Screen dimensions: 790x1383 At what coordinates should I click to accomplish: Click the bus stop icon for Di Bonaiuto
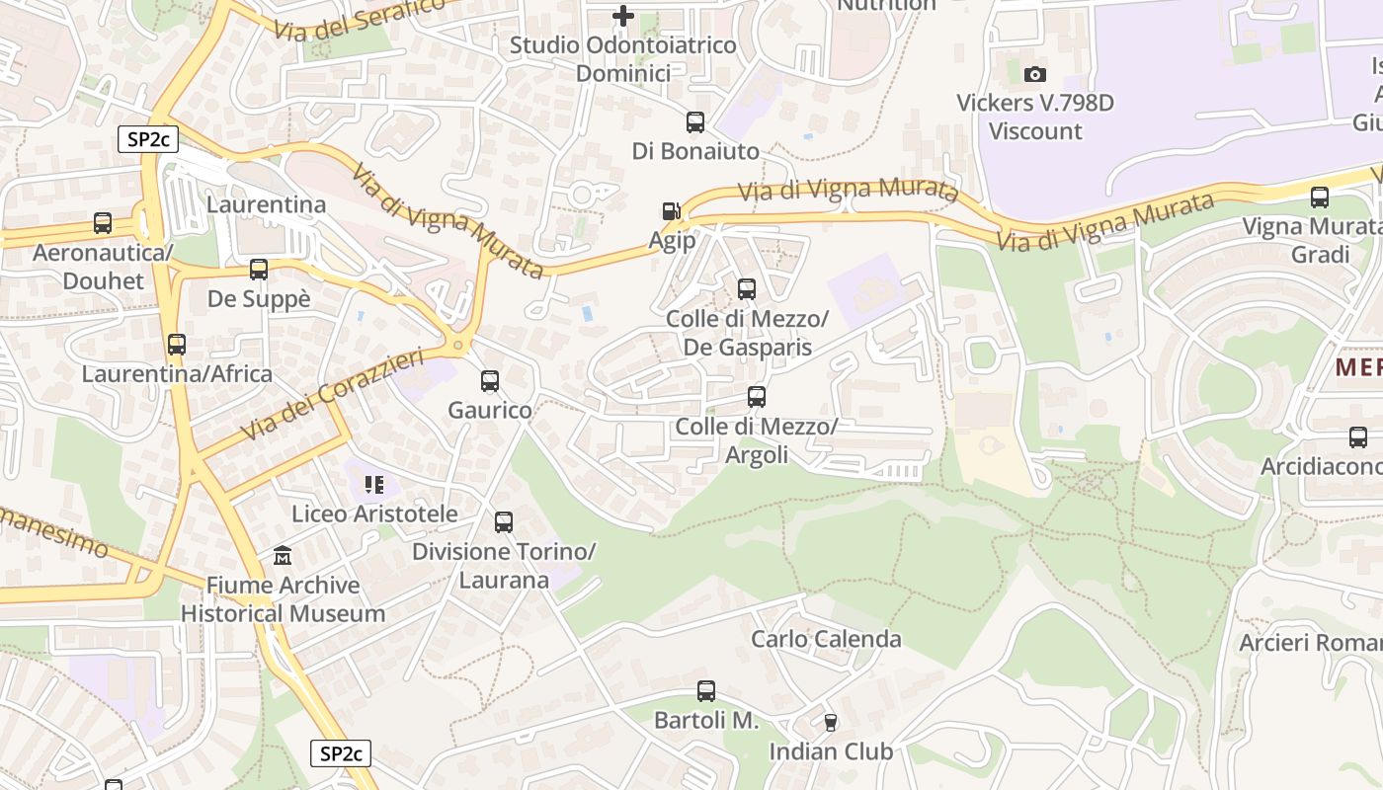pos(695,122)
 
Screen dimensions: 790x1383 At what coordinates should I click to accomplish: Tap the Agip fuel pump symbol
pos(672,211)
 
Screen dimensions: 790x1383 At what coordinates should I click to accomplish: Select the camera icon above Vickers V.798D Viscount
pos(1035,74)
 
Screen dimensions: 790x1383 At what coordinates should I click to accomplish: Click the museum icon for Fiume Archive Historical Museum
pos(283,556)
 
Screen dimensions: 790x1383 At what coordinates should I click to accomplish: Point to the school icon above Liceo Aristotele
pos(374,485)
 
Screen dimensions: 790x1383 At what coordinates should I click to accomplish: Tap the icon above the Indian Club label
pos(830,723)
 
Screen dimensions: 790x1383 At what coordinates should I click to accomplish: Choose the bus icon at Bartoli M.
pos(706,691)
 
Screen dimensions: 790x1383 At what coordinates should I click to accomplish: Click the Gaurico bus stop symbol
pos(490,381)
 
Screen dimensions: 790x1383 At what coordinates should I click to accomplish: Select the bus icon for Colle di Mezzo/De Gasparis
pos(747,289)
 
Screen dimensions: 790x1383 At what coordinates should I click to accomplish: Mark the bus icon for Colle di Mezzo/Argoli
pos(757,397)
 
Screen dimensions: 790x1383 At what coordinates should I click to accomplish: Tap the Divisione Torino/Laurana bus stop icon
pos(504,522)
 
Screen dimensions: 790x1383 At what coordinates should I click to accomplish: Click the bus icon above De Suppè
pos(259,270)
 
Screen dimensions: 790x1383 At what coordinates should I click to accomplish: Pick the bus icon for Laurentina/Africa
pos(177,345)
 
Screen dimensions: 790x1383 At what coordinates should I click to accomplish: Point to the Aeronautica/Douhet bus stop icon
pos(103,223)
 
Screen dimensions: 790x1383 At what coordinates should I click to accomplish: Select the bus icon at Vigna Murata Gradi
pos(1320,197)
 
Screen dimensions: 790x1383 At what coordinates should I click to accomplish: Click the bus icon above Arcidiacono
pos(1358,437)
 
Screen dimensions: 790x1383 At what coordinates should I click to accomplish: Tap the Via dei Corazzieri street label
pos(331,395)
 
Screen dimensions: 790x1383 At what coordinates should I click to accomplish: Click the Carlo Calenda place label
pos(826,639)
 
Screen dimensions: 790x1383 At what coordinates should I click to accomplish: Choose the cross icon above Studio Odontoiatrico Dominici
pos(623,16)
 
